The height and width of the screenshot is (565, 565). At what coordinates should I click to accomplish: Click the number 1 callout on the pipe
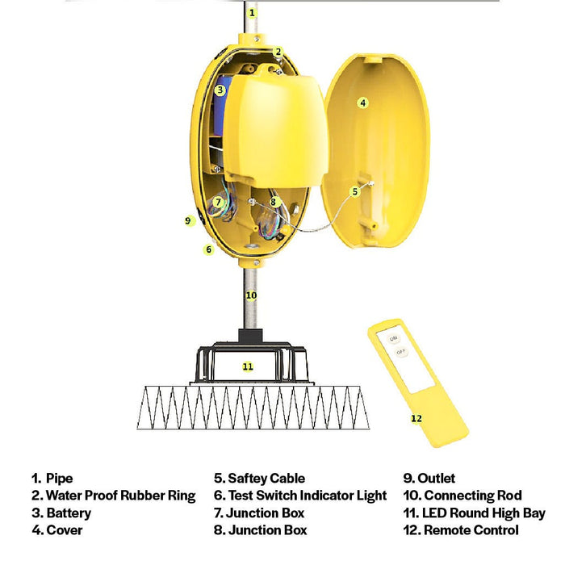point(252,13)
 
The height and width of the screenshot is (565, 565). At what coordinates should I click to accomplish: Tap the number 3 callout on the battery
point(220,90)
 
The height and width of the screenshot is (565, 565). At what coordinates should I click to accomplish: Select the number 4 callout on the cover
point(363,103)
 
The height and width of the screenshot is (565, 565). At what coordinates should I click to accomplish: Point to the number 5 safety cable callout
point(355,192)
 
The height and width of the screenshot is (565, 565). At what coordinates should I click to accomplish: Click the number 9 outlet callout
point(188,220)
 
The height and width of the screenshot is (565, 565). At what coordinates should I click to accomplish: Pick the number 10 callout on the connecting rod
point(251,295)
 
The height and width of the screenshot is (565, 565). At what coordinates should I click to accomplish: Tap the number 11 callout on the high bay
point(248,366)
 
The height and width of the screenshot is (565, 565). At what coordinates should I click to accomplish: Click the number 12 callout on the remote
point(416,419)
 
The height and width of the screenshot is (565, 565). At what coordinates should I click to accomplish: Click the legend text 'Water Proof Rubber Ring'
point(121,496)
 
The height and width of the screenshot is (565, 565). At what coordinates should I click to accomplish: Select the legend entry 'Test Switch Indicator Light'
point(308,496)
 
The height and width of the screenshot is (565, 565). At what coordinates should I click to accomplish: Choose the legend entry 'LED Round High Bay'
point(483,513)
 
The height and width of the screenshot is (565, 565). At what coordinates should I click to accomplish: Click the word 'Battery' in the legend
point(69,513)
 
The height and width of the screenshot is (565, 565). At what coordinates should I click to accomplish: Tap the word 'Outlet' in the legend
point(436,479)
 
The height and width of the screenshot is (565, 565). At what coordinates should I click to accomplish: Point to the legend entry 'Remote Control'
point(471,530)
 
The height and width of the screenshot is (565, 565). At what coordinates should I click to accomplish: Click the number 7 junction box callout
point(218,202)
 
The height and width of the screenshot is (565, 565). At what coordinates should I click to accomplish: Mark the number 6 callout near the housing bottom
point(208,249)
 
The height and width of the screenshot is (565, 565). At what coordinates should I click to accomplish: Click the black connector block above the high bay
point(250,336)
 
